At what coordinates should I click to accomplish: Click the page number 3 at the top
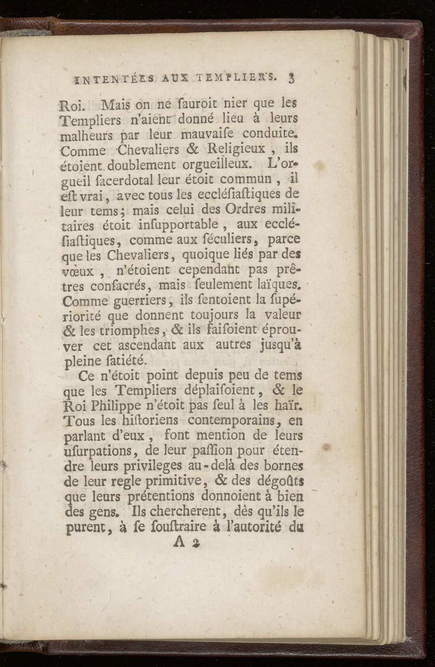(291, 78)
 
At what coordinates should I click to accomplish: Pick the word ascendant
(143, 345)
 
